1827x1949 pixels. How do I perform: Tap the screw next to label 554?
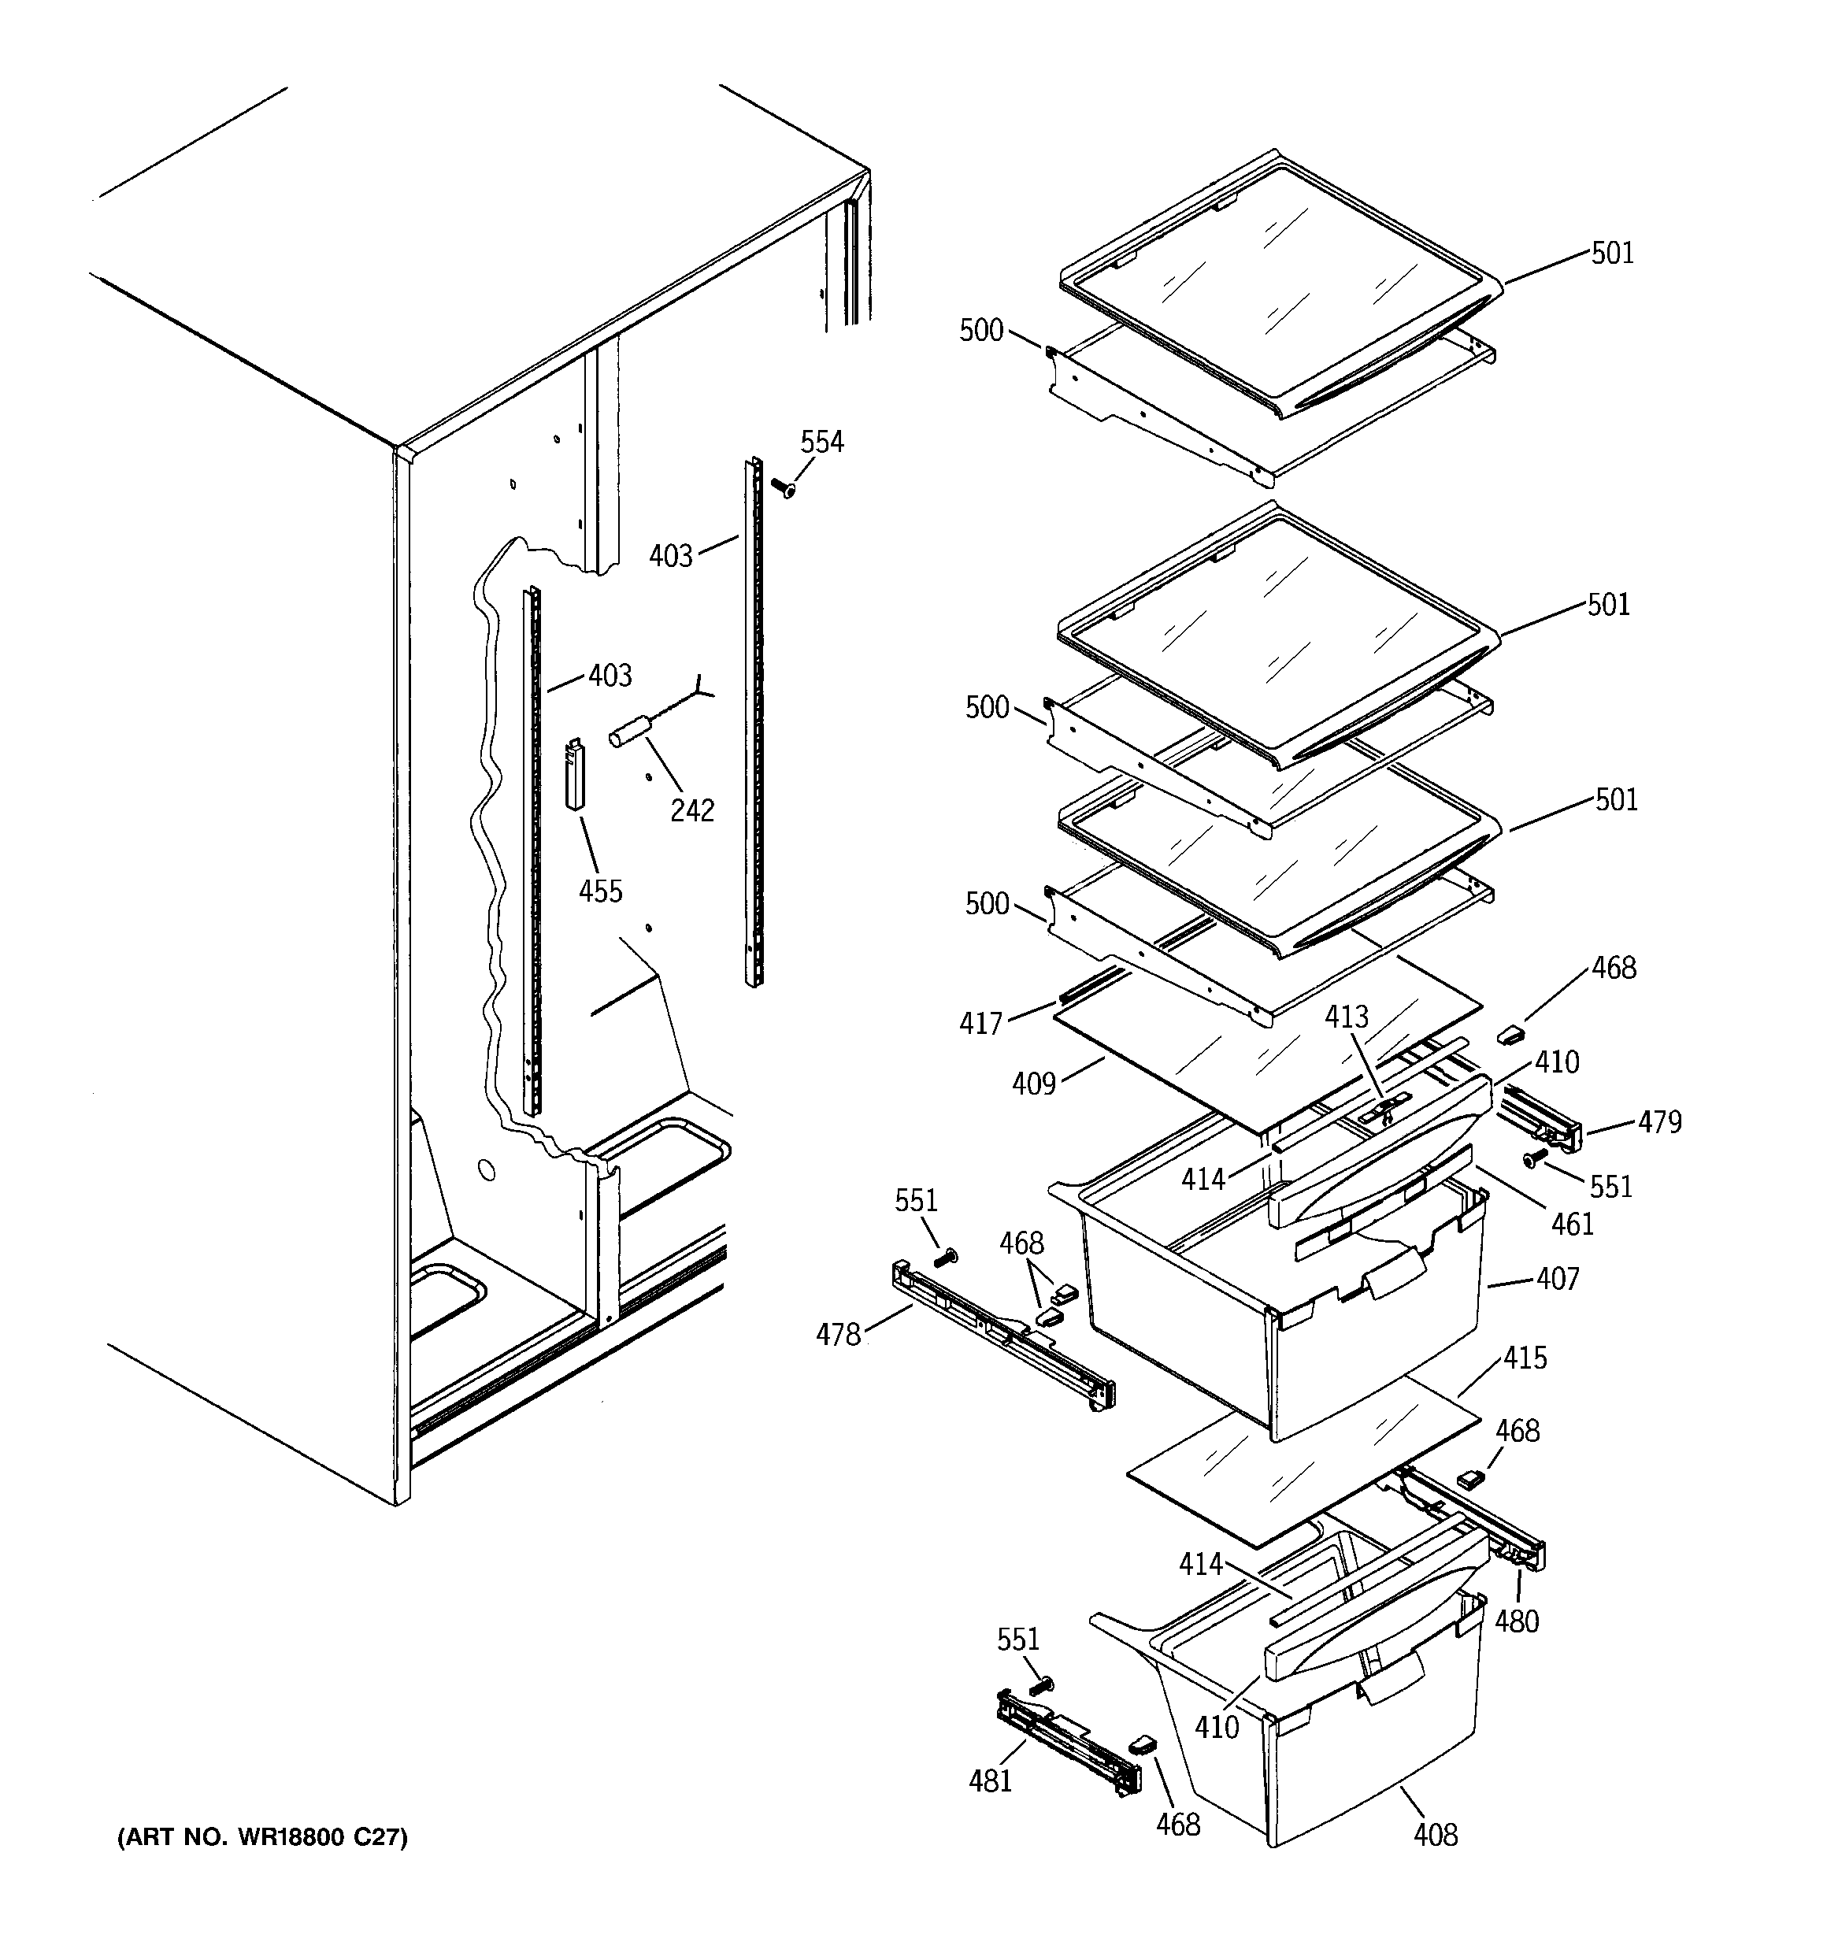point(782,487)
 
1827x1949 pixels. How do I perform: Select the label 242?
point(691,810)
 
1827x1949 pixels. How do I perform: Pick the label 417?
point(980,1024)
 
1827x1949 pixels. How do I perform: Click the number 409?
point(1034,1084)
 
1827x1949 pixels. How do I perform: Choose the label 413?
point(1346,1017)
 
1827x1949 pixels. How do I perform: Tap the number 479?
point(1659,1121)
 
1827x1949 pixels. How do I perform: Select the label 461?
point(1572,1224)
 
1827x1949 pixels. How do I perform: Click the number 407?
point(1558,1278)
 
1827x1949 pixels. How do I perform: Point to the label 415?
point(1525,1358)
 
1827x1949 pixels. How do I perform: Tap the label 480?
point(1516,1621)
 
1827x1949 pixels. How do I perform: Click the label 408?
point(1435,1834)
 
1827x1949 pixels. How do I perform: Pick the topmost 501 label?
point(1612,253)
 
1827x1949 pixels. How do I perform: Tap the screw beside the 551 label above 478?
point(947,1258)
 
